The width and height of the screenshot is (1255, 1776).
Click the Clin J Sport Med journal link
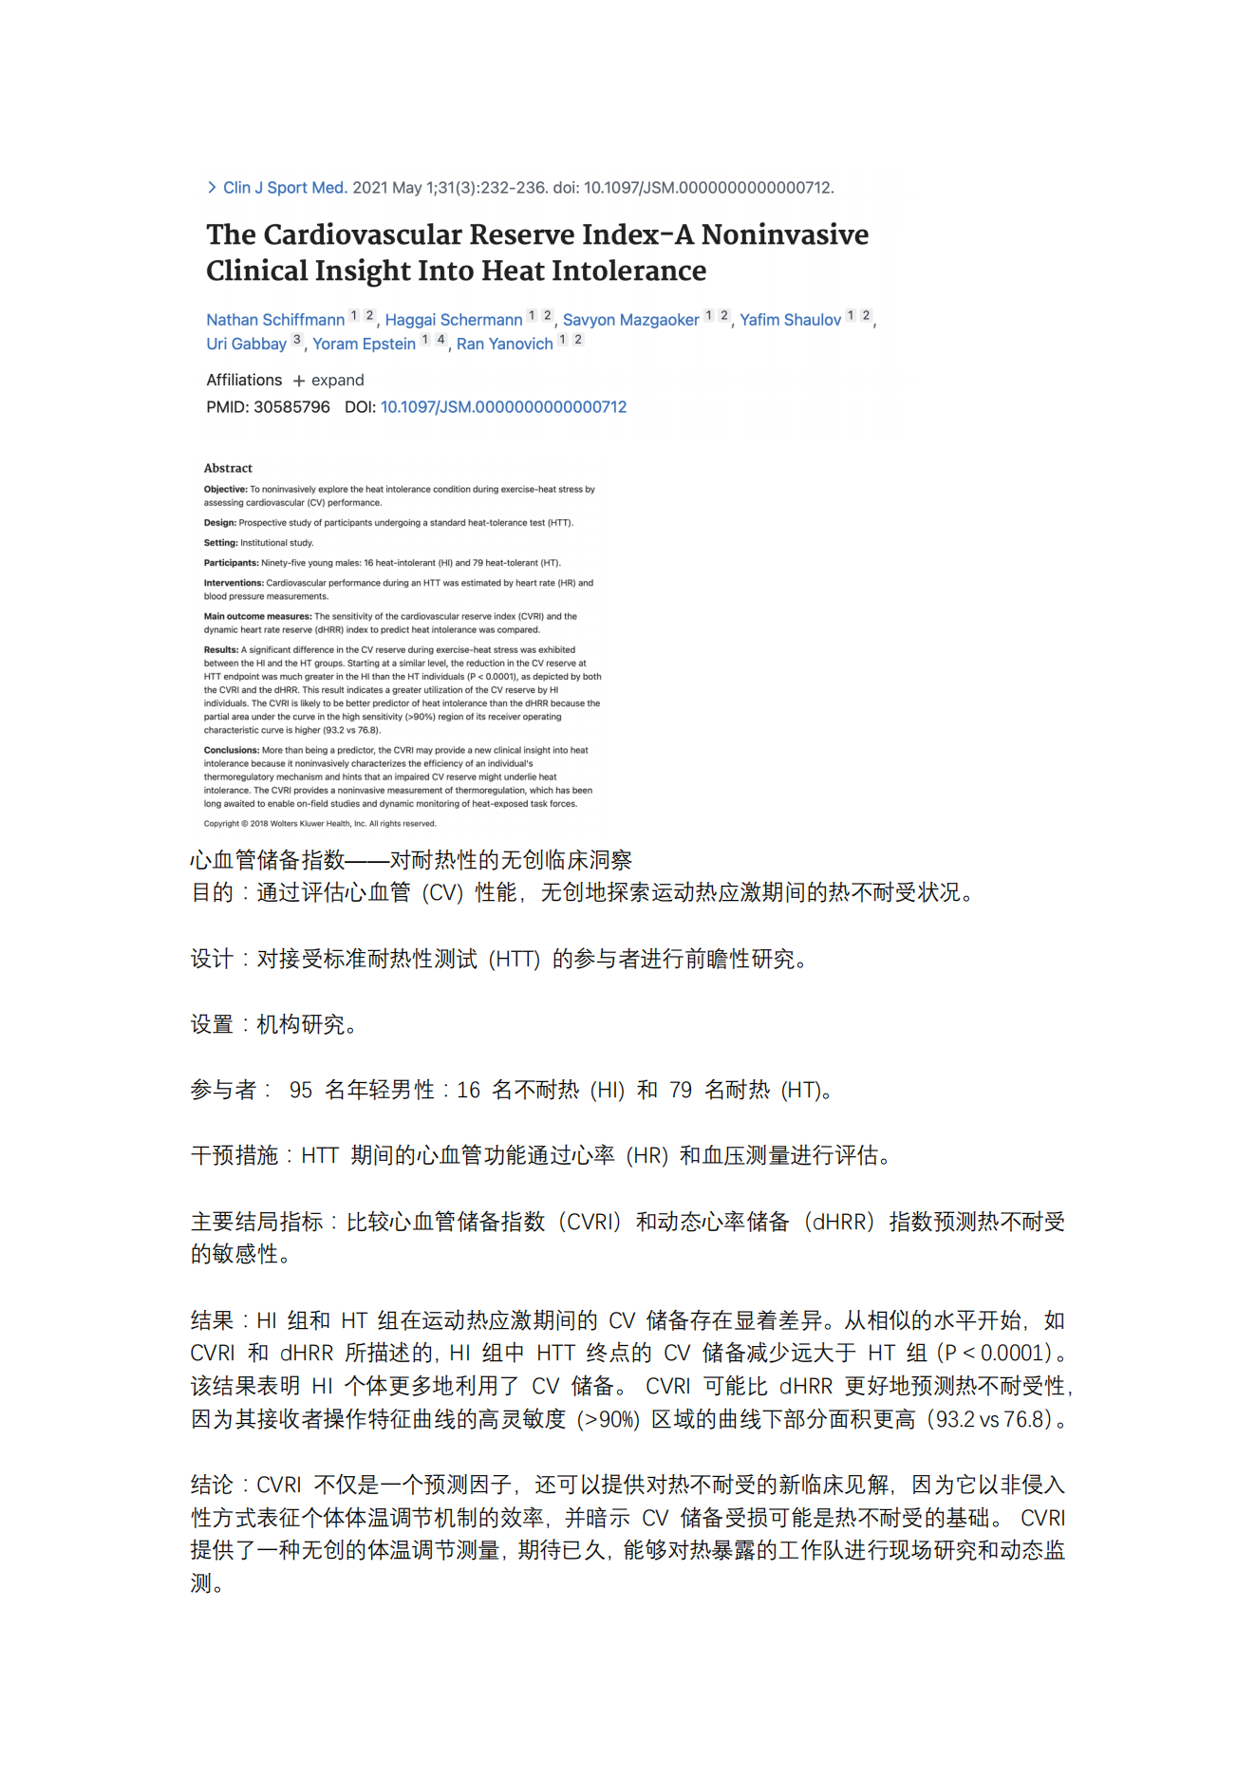point(284,188)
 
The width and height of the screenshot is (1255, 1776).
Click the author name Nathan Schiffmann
point(275,320)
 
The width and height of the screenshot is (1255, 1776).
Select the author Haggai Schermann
point(454,320)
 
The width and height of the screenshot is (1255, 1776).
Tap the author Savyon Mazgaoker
point(630,320)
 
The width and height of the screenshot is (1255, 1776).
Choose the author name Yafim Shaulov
point(790,320)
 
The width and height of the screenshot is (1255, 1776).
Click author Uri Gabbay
point(246,344)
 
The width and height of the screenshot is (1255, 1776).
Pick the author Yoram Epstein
point(364,344)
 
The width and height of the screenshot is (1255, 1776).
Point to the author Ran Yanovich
point(504,344)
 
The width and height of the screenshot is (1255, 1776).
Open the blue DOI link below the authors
point(503,407)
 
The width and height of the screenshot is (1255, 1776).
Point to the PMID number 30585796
point(291,407)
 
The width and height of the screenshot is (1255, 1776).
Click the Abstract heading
point(228,468)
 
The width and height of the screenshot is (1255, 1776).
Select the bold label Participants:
point(231,563)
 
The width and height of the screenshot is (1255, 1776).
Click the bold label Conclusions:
point(231,750)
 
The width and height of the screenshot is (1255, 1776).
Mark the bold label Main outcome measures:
point(257,616)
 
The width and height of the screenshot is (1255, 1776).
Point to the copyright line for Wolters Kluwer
point(320,824)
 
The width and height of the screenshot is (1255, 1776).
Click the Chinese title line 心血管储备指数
point(410,860)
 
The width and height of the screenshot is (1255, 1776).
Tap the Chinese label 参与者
point(223,1090)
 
